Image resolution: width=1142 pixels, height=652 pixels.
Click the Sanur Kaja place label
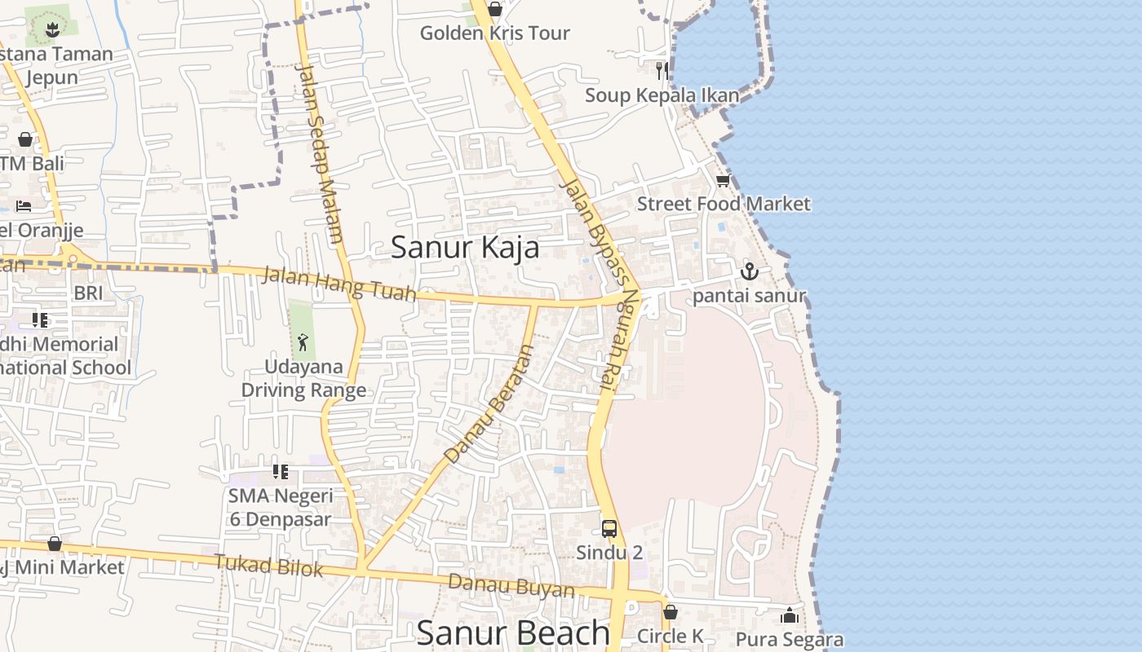coord(465,247)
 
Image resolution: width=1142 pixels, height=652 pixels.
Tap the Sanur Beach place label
coord(512,633)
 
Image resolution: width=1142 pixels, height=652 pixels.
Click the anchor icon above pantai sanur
coord(749,272)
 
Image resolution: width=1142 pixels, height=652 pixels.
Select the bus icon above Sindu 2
coord(609,529)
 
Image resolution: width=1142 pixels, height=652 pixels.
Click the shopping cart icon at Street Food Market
coord(723,181)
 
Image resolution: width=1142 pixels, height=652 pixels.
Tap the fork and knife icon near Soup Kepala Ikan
coord(662,71)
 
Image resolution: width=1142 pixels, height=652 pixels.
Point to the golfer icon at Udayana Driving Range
coord(303,341)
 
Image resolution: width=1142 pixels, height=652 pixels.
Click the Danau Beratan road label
coord(489,405)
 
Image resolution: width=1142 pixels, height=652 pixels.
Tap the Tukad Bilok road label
coord(268,565)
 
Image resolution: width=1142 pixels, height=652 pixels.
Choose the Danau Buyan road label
coord(511,585)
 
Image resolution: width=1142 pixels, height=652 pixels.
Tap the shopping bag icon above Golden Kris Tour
coord(494,10)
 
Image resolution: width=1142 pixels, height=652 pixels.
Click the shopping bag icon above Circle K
coord(671,612)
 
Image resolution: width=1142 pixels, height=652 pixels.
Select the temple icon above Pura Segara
coord(789,615)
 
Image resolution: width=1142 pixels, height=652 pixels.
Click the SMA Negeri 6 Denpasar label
coord(280,507)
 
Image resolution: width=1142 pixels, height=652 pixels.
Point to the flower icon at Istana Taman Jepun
coord(53,30)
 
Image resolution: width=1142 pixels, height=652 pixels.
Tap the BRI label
coord(88,293)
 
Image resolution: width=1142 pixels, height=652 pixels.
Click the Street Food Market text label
coord(724,204)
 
